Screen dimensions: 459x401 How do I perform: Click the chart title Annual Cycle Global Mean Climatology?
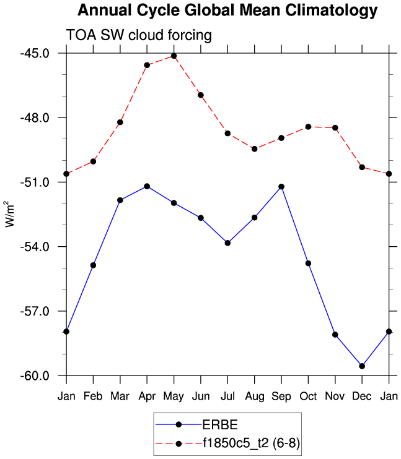click(227, 11)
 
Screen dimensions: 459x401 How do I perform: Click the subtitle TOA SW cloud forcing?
click(139, 36)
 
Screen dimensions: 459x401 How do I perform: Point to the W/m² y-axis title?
click(9, 214)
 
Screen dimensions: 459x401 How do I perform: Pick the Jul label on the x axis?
click(227, 396)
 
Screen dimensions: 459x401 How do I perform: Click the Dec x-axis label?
click(362, 396)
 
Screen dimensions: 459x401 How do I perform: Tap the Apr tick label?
click(147, 396)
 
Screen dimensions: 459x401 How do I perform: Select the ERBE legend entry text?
click(220, 424)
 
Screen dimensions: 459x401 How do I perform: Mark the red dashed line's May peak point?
click(174, 56)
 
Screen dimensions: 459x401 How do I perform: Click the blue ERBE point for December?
click(362, 366)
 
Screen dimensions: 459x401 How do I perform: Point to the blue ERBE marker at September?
click(281, 186)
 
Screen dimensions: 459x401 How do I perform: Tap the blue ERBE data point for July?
click(227, 243)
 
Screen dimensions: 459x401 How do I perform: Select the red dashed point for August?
click(255, 149)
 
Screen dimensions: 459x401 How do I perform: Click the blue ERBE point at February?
click(93, 265)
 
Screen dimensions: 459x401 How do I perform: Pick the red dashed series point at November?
click(335, 128)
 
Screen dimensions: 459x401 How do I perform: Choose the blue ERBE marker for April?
click(147, 186)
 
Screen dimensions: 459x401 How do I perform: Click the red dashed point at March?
click(120, 122)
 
